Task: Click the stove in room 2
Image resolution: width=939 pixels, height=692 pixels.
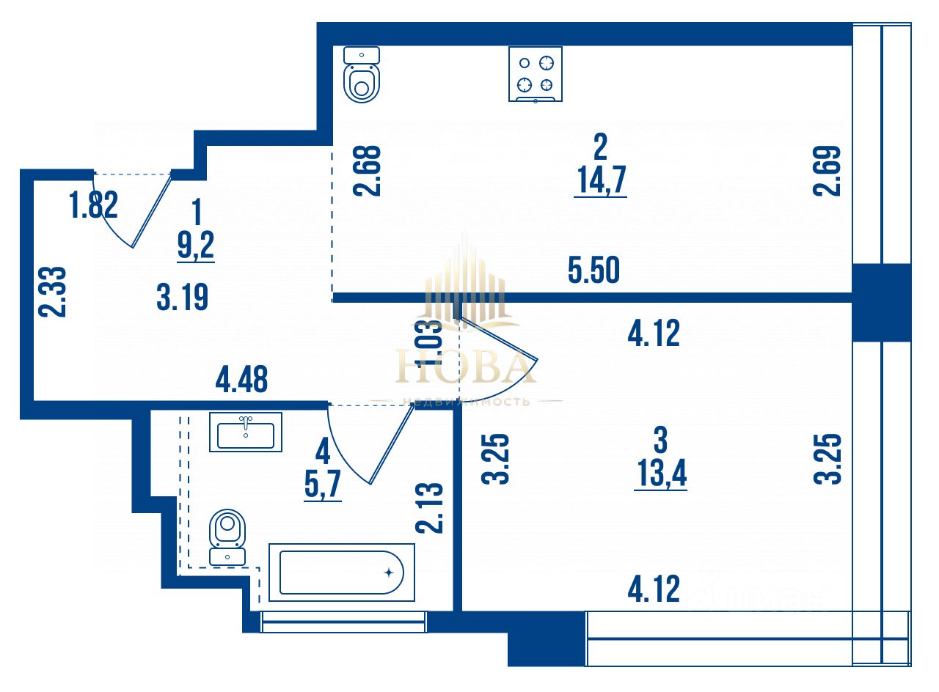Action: [536, 73]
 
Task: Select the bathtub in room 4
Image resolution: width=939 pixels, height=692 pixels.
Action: [341, 573]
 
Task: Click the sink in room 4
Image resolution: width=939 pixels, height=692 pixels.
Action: [245, 432]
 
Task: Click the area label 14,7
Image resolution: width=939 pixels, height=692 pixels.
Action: [600, 180]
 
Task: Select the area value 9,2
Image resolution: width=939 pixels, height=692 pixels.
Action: [196, 245]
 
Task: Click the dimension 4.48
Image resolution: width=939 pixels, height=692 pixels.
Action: [241, 380]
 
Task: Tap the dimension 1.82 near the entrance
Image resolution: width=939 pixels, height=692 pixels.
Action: [94, 205]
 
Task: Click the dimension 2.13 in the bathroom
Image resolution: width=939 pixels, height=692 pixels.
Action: [429, 508]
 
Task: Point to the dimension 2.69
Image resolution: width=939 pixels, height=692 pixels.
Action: [826, 171]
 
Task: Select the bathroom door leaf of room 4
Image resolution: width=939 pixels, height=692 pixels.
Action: [389, 447]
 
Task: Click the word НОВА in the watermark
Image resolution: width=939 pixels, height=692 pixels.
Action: [465, 367]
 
